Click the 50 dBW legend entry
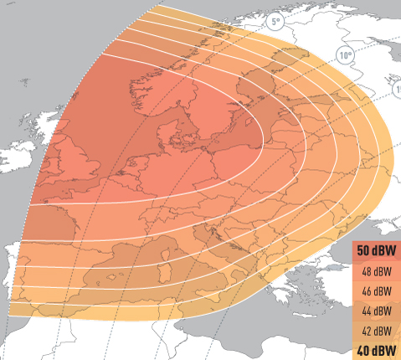click(375, 251)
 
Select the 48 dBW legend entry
click(375, 271)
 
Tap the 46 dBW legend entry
click(375, 291)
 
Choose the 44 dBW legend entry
click(375, 311)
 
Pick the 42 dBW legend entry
click(375, 332)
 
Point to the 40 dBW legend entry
click(375, 351)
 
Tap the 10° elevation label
click(345, 56)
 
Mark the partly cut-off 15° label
click(396, 90)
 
